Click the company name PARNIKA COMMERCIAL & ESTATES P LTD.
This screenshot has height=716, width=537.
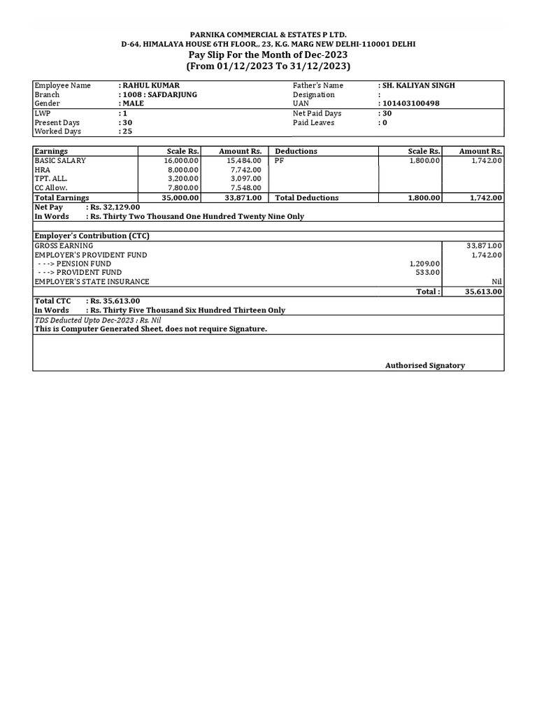click(268, 34)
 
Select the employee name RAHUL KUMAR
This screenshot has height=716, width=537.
click(150, 85)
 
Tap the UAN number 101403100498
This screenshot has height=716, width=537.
click(412, 103)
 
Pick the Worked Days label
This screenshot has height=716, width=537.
click(58, 131)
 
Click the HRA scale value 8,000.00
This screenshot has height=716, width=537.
click(183, 170)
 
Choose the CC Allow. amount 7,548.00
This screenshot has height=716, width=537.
click(246, 188)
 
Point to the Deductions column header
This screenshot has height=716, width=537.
click(296, 151)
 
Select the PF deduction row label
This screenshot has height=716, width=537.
click(280, 161)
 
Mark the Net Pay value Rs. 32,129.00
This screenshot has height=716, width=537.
click(115, 208)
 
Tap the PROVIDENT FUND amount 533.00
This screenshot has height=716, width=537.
click(428, 273)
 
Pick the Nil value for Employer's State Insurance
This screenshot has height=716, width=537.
click(496, 282)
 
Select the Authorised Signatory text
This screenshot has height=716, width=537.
click(425, 366)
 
